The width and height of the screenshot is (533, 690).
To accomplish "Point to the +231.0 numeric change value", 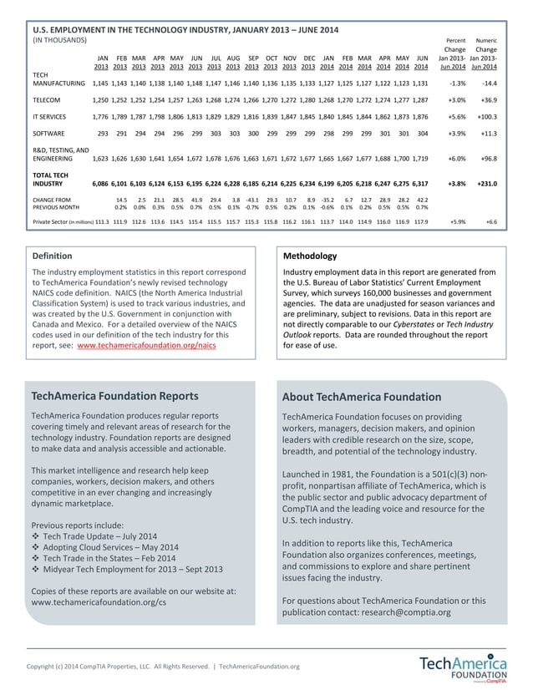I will coord(485,183).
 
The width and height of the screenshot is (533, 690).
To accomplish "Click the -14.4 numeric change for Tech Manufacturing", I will coord(488,84).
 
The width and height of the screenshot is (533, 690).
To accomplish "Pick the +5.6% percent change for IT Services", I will coord(454,117).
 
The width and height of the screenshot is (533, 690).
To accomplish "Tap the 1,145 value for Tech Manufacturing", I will coord(101,84).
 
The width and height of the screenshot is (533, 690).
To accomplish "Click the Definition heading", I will coord(52,256).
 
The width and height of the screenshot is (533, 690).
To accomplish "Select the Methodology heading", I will coord(311,256).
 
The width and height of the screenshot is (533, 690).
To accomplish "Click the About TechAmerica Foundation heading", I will coord(361,397).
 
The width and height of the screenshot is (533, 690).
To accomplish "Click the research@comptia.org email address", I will coord(406,612).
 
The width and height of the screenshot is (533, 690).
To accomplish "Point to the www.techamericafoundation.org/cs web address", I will coord(99,601).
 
